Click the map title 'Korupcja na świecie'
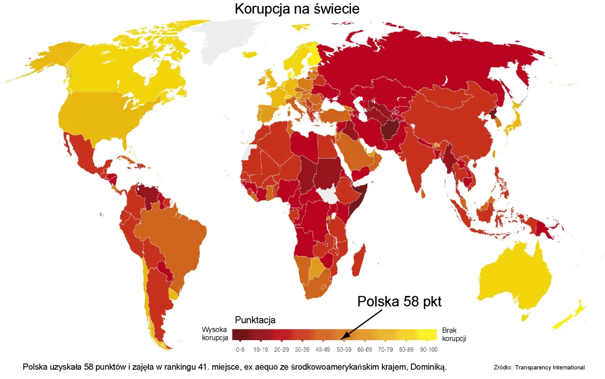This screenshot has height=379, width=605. pos(297,9)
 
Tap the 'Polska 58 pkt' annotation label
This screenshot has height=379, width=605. pos(399,301)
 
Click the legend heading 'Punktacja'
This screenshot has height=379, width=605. pos(255,320)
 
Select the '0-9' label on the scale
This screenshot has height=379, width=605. pos(240,350)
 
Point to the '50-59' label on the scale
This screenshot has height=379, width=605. pos(344,350)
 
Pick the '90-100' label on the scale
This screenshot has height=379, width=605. pos(429,350)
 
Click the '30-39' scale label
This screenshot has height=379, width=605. pos(302,350)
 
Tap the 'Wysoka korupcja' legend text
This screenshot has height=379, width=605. pos(215,334)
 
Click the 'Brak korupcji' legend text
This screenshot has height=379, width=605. pos(454,334)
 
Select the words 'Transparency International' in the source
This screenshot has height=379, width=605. pos(550,367)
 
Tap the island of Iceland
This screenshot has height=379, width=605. pos(250,54)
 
